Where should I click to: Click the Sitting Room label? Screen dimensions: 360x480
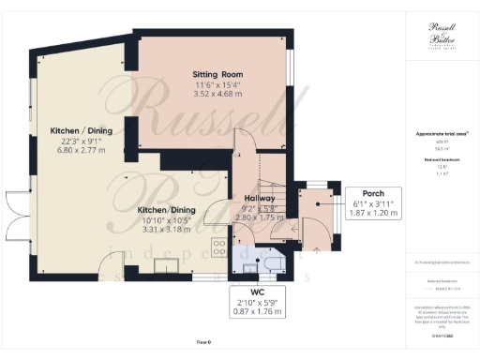[x=218, y=73]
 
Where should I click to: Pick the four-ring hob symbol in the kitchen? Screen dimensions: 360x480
[x=218, y=247]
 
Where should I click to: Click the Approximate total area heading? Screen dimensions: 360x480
[x=441, y=134]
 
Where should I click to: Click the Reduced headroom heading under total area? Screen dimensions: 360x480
[x=441, y=160]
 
